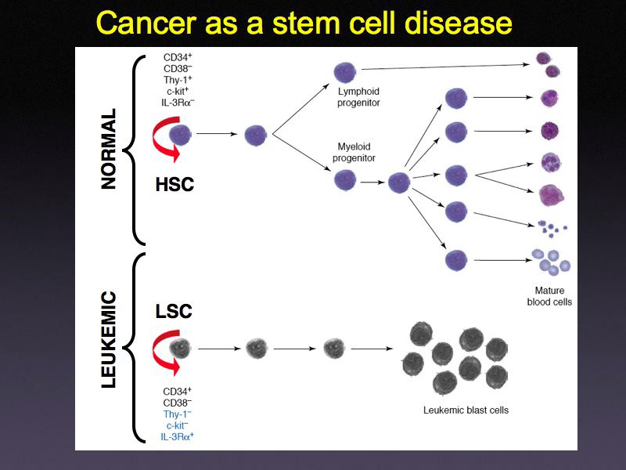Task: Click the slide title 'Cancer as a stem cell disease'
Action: coord(304,23)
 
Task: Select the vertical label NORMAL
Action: coord(109,148)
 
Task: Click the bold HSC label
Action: coord(174,185)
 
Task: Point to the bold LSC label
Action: coord(173,311)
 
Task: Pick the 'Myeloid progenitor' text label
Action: coord(354,153)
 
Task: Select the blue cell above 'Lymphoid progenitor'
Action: coord(345,73)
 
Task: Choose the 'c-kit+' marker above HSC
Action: coord(178,91)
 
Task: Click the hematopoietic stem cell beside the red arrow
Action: coord(181,134)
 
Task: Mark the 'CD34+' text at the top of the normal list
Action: coord(178,57)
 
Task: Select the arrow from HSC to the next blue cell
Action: coord(217,134)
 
